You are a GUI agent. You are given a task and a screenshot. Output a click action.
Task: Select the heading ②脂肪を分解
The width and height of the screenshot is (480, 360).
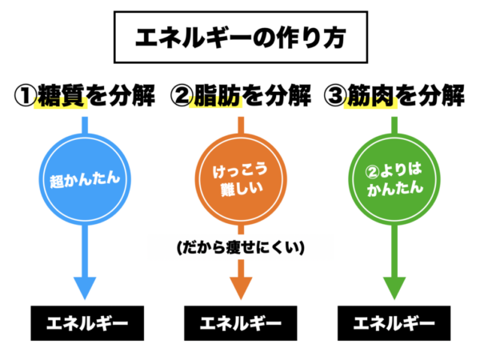(x=241, y=97)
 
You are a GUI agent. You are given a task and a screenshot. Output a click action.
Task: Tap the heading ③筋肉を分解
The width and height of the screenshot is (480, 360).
(x=394, y=97)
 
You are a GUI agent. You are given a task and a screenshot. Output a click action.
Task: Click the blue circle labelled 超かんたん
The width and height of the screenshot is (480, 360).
(x=85, y=177)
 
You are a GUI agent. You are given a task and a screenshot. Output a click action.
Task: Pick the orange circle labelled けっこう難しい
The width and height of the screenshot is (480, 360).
(x=239, y=177)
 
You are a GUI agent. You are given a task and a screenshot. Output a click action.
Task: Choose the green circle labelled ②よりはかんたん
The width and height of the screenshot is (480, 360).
(x=393, y=177)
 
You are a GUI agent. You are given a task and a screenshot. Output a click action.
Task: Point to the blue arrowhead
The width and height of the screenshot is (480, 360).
(x=85, y=286)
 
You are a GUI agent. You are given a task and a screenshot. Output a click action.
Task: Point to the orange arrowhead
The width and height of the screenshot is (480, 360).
(x=239, y=286)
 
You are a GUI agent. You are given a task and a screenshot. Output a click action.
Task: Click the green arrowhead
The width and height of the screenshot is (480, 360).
(x=393, y=286)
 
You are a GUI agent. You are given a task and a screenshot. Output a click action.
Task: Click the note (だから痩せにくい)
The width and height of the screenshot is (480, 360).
(x=241, y=248)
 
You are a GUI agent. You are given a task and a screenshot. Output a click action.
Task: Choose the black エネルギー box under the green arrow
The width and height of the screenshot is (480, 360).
(x=394, y=324)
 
